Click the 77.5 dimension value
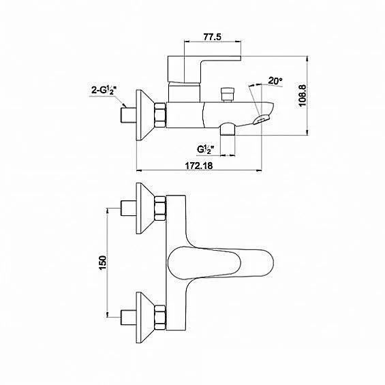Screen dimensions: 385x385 pos(212,37)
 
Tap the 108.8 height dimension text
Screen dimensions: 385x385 pos(303,96)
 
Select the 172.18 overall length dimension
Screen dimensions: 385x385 pos(199,166)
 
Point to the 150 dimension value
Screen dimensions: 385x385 pos(103,262)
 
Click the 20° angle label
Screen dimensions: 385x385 pos(275,80)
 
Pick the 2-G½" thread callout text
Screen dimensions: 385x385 pos(104,90)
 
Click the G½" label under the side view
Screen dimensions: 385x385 pos(206,149)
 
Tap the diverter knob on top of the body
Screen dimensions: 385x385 pos(228,95)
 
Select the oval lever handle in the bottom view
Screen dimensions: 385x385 pos(220,263)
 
